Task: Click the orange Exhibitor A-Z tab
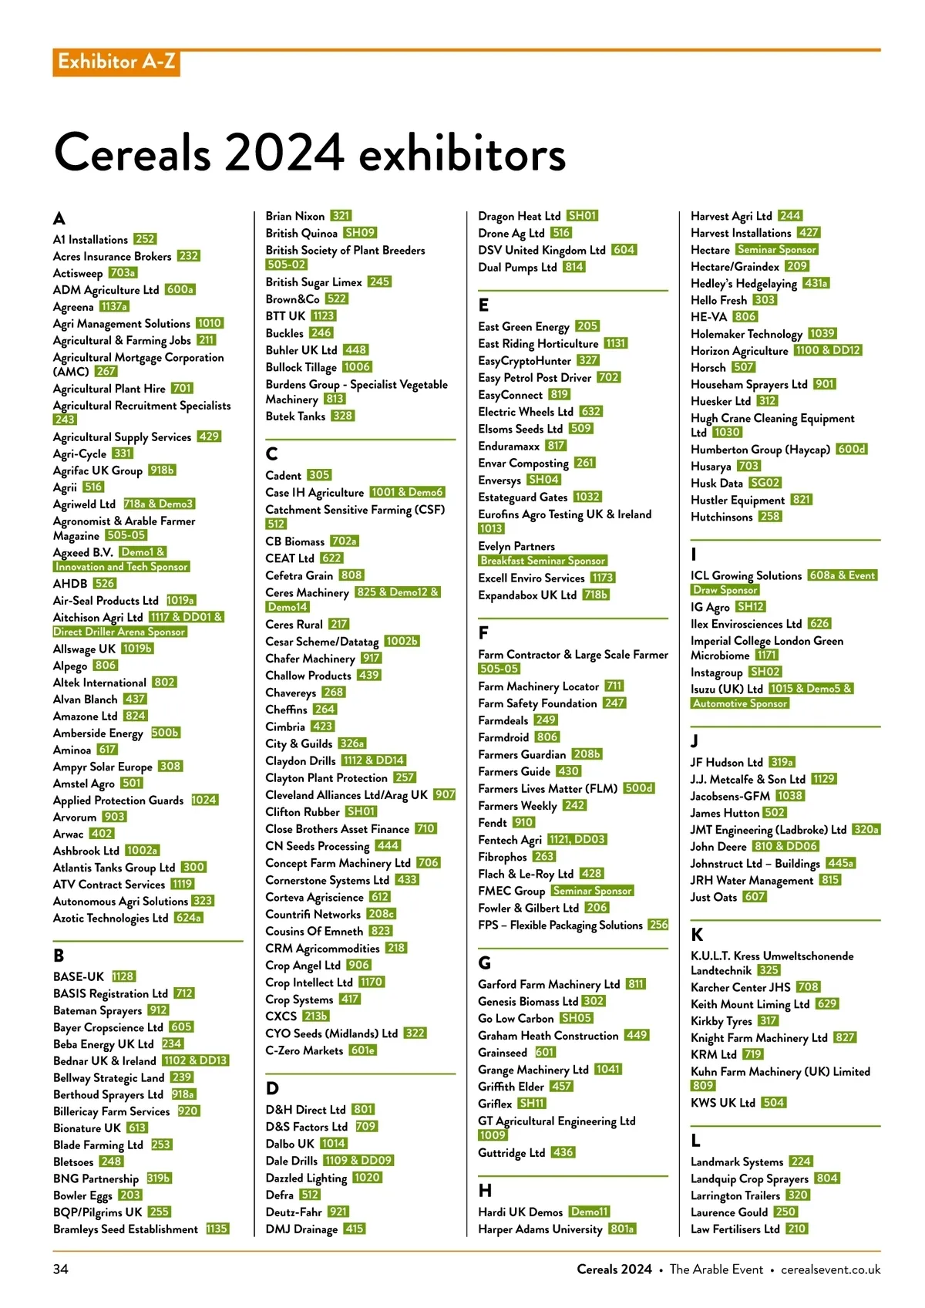pos(116,62)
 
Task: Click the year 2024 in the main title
pos(284,153)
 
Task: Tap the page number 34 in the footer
pos(61,1269)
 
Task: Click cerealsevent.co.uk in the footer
pos(830,1269)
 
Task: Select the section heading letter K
pos(697,935)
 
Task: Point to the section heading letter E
pos(483,305)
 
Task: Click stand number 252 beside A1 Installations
pos(145,239)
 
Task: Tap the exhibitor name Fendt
pos(493,823)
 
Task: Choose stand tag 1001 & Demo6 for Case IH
pos(407,492)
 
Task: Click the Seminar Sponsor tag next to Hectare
pos(776,249)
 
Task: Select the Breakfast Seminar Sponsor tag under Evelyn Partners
pos(543,561)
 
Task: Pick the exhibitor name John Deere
pos(718,846)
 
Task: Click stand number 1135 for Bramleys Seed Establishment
pos(217,1229)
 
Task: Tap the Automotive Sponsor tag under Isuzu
pos(740,703)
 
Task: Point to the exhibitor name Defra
pos(279,1195)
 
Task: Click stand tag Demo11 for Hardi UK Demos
pos(590,1212)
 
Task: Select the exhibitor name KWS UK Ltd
pos(722,1103)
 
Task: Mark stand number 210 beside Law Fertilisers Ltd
pos(797,1229)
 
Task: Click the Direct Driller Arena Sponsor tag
pos(120,632)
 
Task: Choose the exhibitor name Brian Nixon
pos(294,216)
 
